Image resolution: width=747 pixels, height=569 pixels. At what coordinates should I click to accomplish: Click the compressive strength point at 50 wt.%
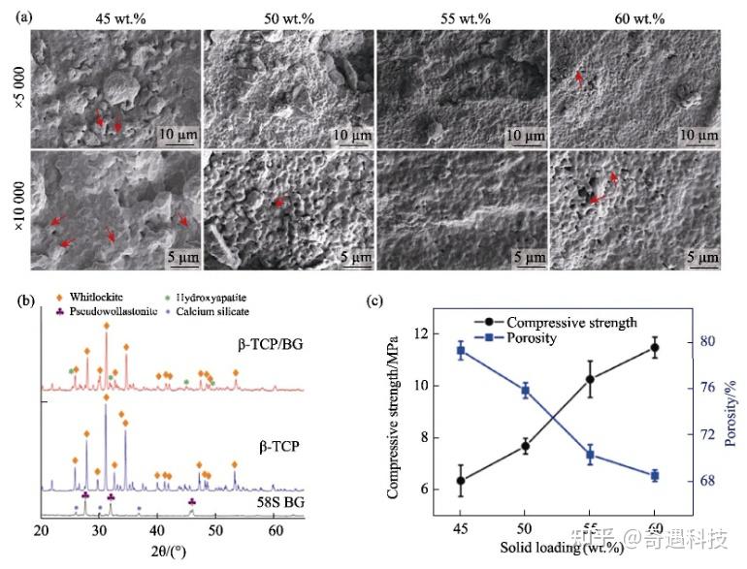(x=525, y=446)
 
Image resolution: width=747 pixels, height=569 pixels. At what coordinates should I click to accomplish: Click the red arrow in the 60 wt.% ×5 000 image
(x=580, y=79)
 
